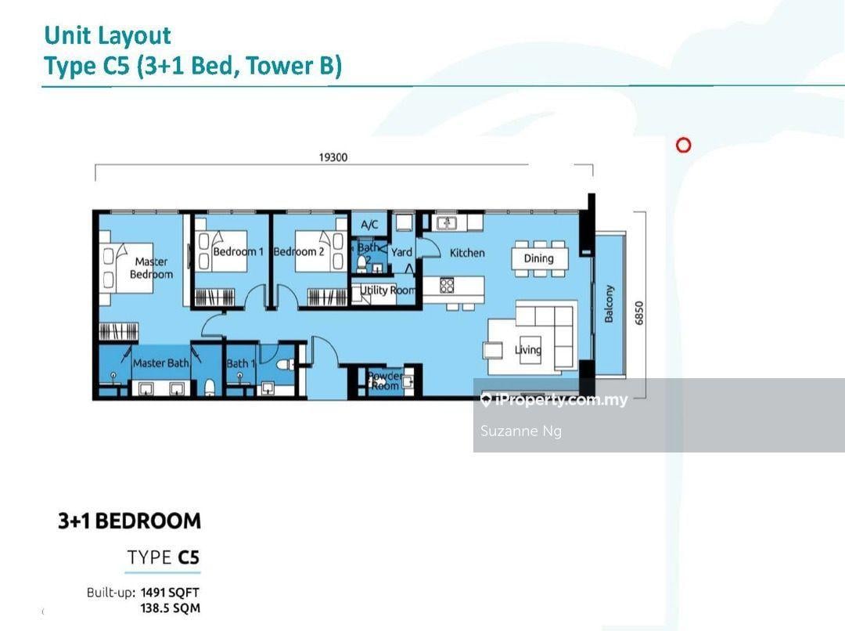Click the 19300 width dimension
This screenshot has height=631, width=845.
coord(333,157)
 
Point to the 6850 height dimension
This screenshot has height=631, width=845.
coord(639,313)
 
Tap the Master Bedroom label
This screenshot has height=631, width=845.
coord(152,268)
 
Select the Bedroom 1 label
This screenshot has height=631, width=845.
coord(238,251)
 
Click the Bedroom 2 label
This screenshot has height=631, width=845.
coord(299,251)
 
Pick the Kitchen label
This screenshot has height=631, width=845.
coord(467,252)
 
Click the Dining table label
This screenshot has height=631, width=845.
coord(539,258)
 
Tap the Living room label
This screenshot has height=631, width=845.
coord(527,350)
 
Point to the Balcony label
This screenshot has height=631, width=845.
coord(609,305)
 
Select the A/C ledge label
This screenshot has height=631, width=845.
coord(369,225)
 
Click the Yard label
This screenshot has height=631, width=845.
coord(401,252)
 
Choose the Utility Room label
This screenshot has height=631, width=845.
coord(387,290)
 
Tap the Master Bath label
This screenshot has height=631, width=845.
coord(160,363)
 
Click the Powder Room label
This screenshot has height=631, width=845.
coord(385,380)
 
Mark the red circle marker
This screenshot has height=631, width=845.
coord(683,145)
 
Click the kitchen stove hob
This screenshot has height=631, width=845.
coord(447,285)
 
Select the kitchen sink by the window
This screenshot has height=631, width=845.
coord(447,222)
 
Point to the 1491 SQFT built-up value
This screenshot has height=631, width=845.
coord(170,592)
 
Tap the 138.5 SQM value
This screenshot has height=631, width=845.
coord(171,608)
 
